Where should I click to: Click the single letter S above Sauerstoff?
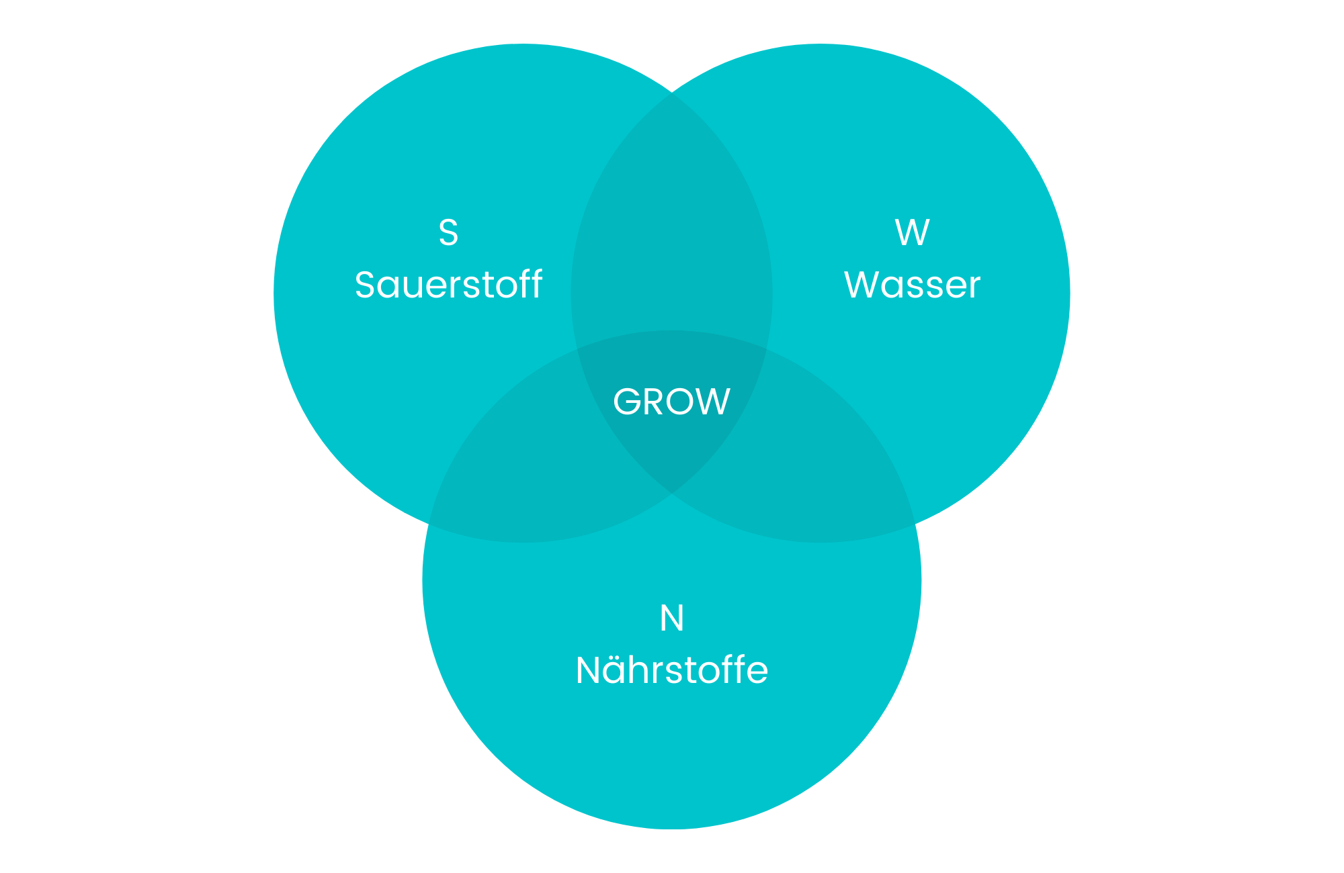[448, 232]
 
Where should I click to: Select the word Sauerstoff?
[448, 285]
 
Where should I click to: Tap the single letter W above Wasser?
[912, 232]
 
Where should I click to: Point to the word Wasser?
[912, 285]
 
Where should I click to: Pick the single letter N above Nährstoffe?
[672, 618]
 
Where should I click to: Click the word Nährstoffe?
[672, 670]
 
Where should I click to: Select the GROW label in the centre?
[672, 402]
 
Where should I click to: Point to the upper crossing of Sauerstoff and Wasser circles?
[672, 92]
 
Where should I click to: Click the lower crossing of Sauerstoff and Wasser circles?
[672, 494]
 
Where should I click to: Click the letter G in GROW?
[628, 402]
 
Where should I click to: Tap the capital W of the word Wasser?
[862, 285]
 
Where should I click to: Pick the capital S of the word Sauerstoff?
[365, 285]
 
